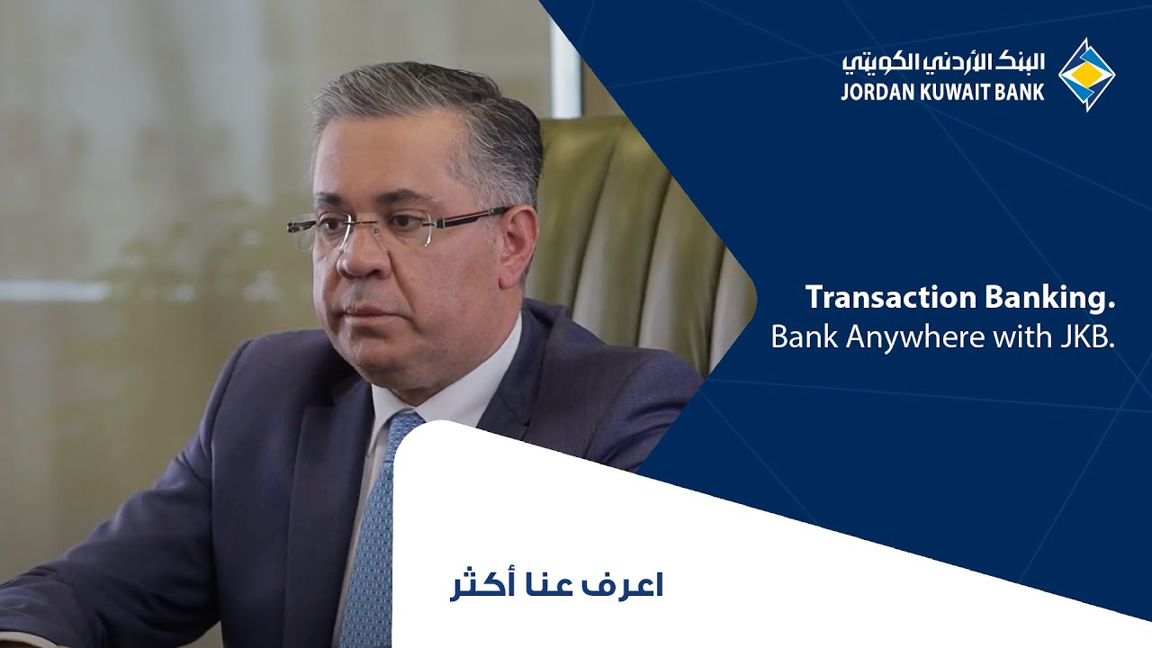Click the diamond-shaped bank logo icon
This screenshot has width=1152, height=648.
[1086, 75]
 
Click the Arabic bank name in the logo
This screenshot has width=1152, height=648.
[944, 62]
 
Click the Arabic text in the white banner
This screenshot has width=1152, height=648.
[556, 584]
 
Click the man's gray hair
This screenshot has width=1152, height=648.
[423, 117]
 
